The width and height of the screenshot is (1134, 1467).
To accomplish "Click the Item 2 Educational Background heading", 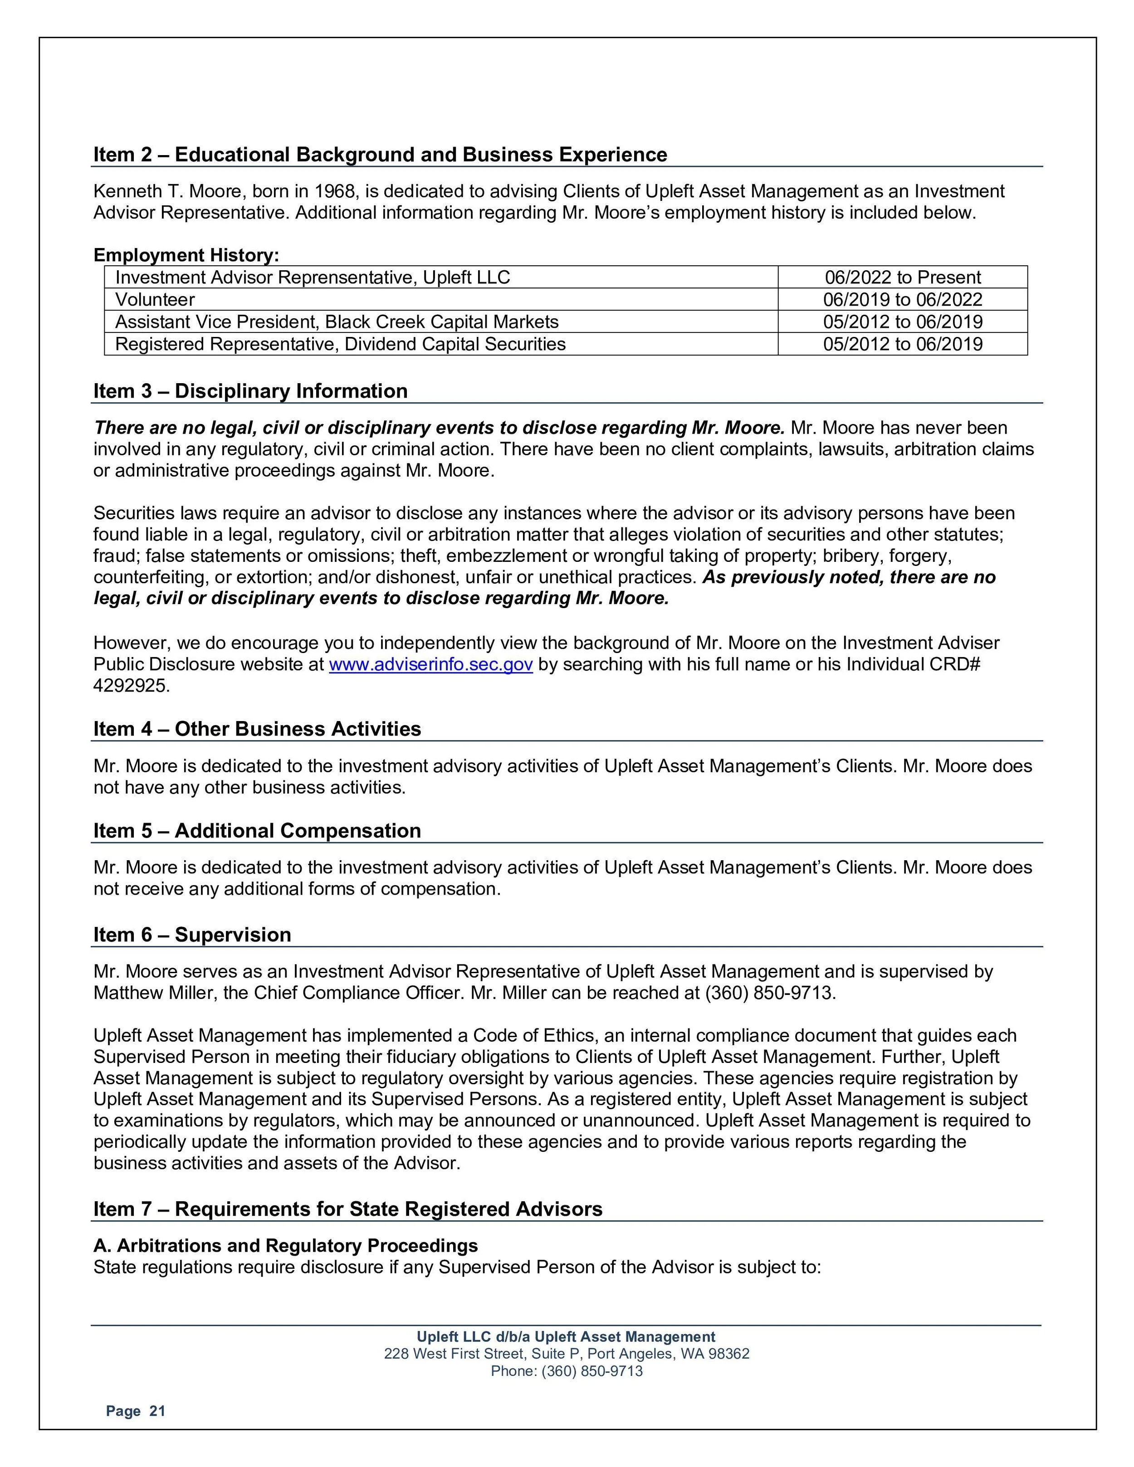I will (380, 155).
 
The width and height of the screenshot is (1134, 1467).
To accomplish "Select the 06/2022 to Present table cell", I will (902, 278).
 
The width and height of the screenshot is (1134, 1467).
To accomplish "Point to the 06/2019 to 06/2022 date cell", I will (902, 300).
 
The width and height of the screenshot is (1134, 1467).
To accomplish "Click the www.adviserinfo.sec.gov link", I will (430, 664).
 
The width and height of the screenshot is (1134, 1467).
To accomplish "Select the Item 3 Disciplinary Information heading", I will (250, 391).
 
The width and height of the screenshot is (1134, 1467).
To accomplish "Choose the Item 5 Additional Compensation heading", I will (257, 830).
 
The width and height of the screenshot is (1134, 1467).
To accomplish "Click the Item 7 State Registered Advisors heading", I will (347, 1209).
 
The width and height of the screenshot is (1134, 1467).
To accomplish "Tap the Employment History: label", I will (186, 255).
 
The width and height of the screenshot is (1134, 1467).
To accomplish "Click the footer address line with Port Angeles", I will (567, 1354).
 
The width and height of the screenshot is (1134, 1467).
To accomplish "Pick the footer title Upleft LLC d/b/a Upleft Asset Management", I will (567, 1337).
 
